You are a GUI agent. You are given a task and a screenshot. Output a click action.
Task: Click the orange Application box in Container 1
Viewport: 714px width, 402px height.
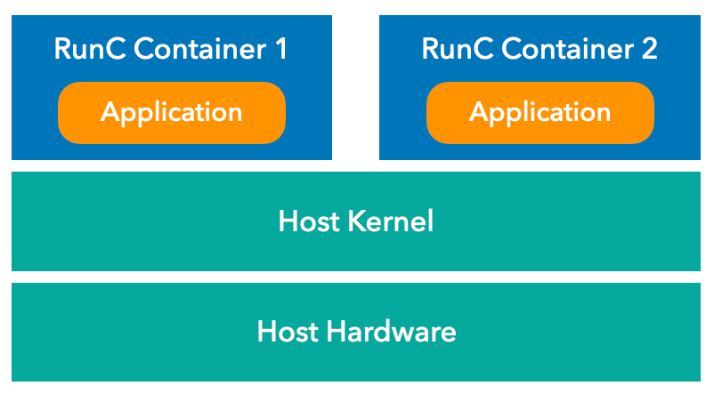pos(172,113)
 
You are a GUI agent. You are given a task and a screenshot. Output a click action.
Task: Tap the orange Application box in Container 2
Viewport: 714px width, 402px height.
pos(540,113)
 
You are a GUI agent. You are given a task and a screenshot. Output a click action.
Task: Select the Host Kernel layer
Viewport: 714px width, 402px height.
pos(356,221)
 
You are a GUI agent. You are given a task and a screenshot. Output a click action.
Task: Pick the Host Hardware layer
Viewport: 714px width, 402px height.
pos(356,333)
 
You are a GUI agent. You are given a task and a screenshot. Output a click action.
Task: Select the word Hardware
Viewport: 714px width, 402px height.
pos(391,333)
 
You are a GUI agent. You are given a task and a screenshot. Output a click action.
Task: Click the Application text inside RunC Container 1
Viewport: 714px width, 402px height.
pos(172,113)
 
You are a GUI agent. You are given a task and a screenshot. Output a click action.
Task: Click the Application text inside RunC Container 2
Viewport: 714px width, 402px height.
pos(540,113)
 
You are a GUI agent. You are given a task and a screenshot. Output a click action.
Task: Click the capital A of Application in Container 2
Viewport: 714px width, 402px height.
pos(478,112)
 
